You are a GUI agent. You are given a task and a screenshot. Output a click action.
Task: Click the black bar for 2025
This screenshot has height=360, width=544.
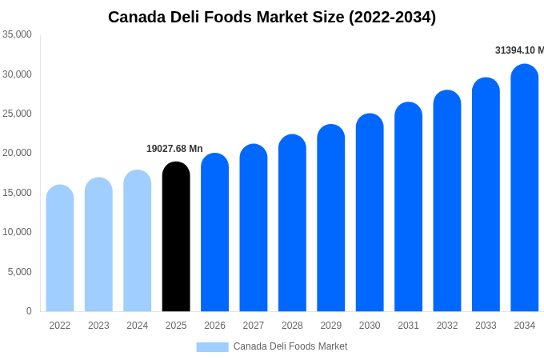(x=176, y=237)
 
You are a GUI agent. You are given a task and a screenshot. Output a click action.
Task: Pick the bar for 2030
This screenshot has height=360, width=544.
(x=370, y=213)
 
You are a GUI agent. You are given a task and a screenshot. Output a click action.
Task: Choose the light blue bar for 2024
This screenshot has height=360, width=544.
(x=138, y=241)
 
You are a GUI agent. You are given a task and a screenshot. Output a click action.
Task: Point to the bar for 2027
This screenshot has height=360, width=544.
(x=254, y=228)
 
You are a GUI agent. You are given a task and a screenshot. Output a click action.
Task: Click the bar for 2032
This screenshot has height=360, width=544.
(x=447, y=201)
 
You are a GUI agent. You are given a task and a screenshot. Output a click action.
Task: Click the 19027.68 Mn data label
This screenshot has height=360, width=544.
(x=174, y=149)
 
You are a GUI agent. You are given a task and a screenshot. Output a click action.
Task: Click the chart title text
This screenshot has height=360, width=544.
(x=272, y=17)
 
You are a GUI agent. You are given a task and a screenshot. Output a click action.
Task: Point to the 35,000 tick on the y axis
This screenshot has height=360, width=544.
(x=17, y=34)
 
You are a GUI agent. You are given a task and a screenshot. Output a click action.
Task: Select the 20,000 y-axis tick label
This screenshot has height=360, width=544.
(x=17, y=153)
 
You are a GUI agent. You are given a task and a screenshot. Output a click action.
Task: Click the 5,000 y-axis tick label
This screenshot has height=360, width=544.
(x=20, y=272)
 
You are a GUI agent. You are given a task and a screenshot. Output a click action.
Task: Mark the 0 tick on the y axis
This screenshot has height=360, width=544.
(x=29, y=311)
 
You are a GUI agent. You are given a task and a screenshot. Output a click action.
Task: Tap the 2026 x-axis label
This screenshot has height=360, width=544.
(x=214, y=326)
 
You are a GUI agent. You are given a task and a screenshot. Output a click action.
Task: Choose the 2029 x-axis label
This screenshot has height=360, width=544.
(x=331, y=326)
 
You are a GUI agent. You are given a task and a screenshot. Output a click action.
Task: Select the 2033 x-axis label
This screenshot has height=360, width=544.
(x=486, y=326)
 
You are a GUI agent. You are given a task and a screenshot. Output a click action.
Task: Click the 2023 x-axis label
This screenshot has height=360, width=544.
(x=98, y=326)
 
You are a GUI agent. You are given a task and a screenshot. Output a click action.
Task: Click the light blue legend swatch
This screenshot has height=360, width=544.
(x=212, y=346)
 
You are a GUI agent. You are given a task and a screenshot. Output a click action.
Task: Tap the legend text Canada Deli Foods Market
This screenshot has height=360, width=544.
(x=290, y=346)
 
